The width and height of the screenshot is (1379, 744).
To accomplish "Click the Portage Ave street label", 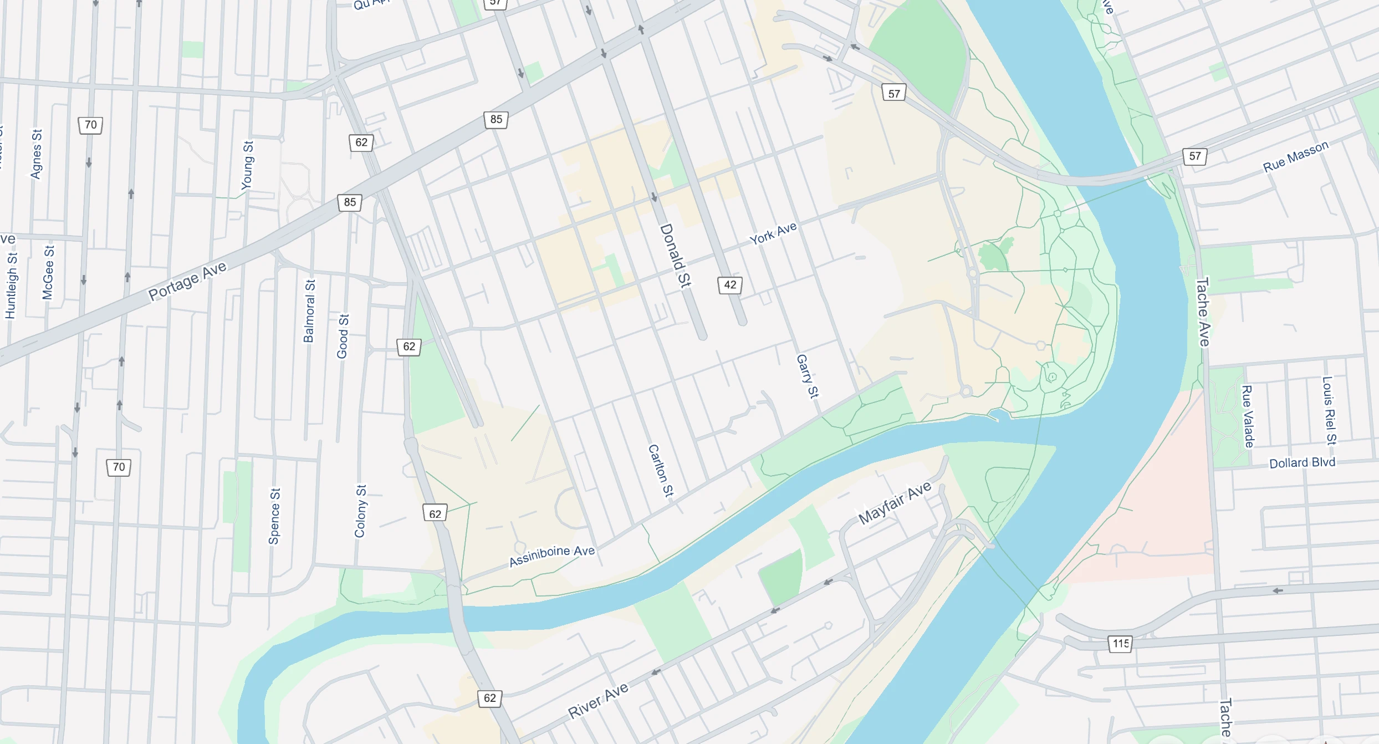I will [x=187, y=281].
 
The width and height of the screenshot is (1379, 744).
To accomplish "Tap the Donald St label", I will [x=676, y=255].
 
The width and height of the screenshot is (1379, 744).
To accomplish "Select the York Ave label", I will [x=773, y=233].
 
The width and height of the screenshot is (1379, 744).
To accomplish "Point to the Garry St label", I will [x=807, y=376].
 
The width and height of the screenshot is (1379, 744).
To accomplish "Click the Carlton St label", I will [x=661, y=471].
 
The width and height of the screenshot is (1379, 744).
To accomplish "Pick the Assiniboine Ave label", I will [x=551, y=556].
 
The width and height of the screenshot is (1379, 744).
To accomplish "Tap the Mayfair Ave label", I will [x=895, y=503].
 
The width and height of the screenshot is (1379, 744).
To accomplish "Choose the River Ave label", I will [x=598, y=701].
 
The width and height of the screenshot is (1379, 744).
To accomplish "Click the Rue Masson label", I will [x=1295, y=156].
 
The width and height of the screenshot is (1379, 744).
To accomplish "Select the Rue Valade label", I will [x=1248, y=416].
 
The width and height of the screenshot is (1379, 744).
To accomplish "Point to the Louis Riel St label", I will [x=1329, y=410].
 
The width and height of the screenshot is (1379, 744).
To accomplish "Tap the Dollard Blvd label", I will [x=1302, y=463].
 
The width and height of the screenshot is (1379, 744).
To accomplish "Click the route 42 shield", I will [x=730, y=285].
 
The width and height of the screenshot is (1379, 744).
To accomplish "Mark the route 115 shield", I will [x=1120, y=644].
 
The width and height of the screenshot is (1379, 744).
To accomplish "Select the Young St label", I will [x=248, y=165].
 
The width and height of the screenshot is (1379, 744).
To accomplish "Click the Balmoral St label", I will [x=309, y=311].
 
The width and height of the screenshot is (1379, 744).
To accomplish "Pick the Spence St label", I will [x=274, y=516].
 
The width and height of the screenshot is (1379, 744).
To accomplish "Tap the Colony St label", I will [x=360, y=511].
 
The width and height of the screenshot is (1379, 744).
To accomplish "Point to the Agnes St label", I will [x=37, y=154].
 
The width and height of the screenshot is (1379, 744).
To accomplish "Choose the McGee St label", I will [x=48, y=272].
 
